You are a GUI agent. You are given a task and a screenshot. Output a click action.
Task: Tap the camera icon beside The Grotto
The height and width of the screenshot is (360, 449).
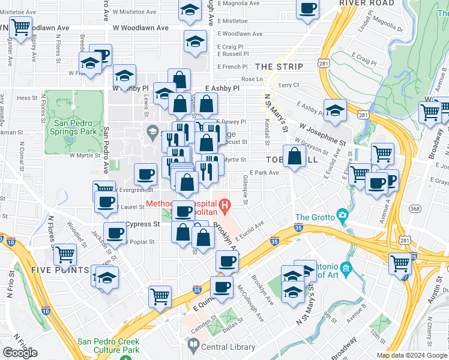(x=342, y=215)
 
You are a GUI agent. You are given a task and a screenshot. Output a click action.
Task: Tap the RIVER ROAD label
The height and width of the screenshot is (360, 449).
(x=367, y=3)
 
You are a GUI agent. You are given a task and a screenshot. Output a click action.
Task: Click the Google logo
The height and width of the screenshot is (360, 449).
(x=20, y=353)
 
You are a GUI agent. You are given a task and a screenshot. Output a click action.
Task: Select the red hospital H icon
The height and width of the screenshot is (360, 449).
(x=225, y=208)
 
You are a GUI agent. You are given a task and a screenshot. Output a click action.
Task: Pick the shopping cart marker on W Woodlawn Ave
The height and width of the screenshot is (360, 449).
(x=20, y=27)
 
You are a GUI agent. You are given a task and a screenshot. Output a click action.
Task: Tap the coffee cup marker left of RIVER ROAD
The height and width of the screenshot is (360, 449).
(x=308, y=9)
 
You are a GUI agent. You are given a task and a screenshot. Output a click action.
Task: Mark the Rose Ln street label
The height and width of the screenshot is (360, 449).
(x=252, y=79)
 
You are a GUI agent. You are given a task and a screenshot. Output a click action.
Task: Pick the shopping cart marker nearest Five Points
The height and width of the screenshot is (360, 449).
(x=65, y=256)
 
